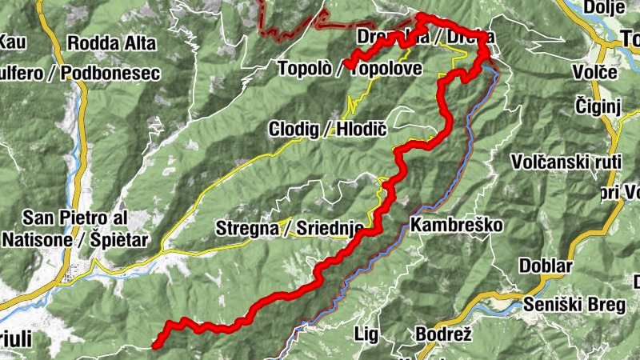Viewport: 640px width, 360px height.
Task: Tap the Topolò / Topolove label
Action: tap(350, 69)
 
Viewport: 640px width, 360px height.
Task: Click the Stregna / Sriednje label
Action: tap(290, 229)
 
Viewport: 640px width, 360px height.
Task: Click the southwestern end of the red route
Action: tap(155, 346)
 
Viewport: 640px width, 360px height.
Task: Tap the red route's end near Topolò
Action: tap(349, 65)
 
